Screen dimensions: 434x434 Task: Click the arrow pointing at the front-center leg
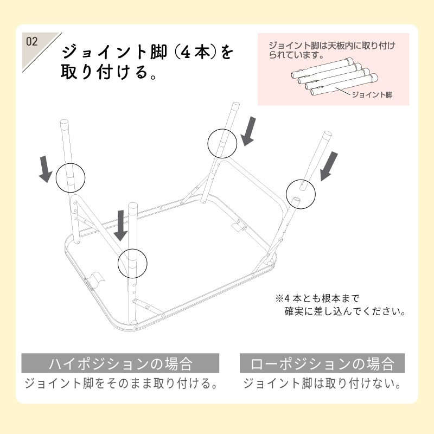pyautogui.click(x=120, y=226)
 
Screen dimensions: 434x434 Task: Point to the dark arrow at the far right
pyautogui.click(x=328, y=166)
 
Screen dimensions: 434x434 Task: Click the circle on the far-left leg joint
pyautogui.click(x=71, y=177)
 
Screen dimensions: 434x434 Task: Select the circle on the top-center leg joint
pyautogui.click(x=222, y=143)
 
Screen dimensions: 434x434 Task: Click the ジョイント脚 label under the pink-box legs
pyautogui.click(x=372, y=94)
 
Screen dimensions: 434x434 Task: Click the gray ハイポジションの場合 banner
pyautogui.click(x=120, y=363)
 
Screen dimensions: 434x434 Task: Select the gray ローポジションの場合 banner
pyautogui.click(x=322, y=363)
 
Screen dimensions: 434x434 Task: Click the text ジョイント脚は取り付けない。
pyautogui.click(x=322, y=384)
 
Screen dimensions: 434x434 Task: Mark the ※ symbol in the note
pyautogui.click(x=280, y=299)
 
